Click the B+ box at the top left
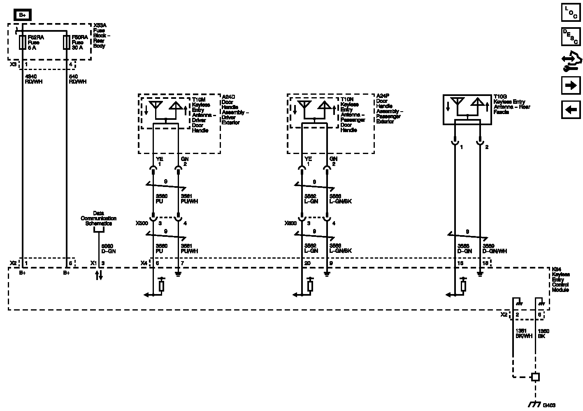23,15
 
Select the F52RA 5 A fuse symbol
22,42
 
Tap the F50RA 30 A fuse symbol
66,42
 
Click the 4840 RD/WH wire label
34,79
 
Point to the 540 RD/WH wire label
77,79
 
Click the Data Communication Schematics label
98,218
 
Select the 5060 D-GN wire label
109,249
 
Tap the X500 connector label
142,223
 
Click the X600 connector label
290,223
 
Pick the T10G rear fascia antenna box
467,109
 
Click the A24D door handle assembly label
235,110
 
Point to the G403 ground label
549,405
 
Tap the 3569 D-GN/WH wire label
495,249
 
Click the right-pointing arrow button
571,85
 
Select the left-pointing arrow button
571,110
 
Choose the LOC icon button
571,12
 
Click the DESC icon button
571,37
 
